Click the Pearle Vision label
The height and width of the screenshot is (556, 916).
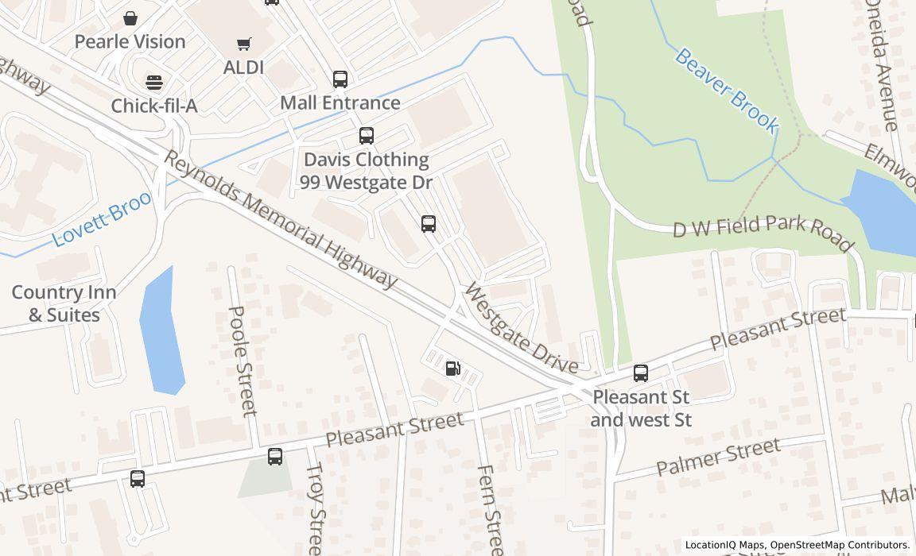point(130,41)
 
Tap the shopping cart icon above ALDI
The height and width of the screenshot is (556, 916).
point(243,44)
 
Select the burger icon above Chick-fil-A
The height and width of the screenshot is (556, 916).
point(153,82)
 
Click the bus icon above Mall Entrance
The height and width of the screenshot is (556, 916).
point(340,79)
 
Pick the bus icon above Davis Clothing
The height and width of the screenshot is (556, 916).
point(366,136)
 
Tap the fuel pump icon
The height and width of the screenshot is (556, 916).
point(452,368)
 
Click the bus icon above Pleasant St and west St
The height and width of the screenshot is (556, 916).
point(641,373)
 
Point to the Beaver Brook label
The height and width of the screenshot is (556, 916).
point(727,90)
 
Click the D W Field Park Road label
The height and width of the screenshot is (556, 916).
point(763,232)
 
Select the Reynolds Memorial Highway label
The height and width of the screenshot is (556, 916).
point(280,219)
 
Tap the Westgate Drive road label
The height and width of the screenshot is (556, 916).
point(521,327)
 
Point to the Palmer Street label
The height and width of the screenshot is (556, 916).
point(718,458)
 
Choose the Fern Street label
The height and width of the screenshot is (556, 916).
point(489,508)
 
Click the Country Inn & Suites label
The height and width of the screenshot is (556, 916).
point(64,303)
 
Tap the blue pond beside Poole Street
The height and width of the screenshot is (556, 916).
point(161,334)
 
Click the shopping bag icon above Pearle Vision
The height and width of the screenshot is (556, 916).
point(130,17)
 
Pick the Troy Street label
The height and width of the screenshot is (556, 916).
point(315,508)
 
